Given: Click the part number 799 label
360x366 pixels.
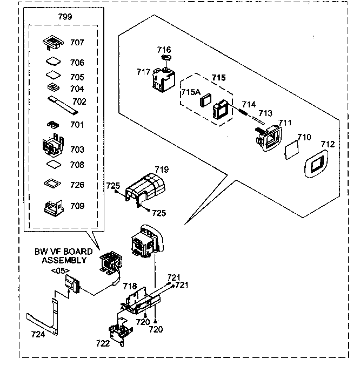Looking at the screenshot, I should [65, 16].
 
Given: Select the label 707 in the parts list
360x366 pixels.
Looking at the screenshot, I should [77, 42].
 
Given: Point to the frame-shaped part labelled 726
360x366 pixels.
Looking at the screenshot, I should [53, 184].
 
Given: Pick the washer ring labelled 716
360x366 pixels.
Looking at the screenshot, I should [166, 58].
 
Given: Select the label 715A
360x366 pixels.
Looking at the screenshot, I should [190, 92].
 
